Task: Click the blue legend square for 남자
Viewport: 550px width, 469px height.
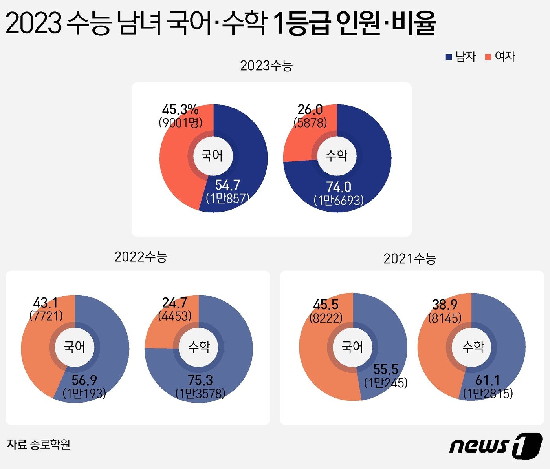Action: click(x=449, y=57)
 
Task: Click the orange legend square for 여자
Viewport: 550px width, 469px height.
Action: click(x=488, y=57)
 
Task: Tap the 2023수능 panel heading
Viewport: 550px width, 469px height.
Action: click(x=266, y=66)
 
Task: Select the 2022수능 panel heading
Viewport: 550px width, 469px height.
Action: click(x=141, y=257)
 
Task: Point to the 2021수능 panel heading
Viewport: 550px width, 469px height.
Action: click(x=410, y=259)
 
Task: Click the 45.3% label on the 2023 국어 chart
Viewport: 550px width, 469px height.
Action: click(x=180, y=109)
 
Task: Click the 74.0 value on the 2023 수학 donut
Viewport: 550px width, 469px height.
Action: click(x=338, y=187)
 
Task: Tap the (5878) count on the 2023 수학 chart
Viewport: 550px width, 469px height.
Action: click(x=310, y=123)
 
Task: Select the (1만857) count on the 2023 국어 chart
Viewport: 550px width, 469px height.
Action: click(x=228, y=198)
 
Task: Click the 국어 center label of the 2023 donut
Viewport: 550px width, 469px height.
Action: click(x=212, y=156)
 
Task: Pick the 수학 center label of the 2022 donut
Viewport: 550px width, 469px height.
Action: click(x=199, y=347)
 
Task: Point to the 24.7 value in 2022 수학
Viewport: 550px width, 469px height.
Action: click(x=174, y=303)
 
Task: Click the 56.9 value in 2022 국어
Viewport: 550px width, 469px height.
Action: click(x=84, y=380)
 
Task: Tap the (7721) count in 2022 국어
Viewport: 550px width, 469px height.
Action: click(x=46, y=316)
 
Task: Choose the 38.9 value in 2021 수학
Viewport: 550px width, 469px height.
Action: click(x=445, y=305)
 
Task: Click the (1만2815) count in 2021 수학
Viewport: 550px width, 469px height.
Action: click(x=488, y=393)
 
